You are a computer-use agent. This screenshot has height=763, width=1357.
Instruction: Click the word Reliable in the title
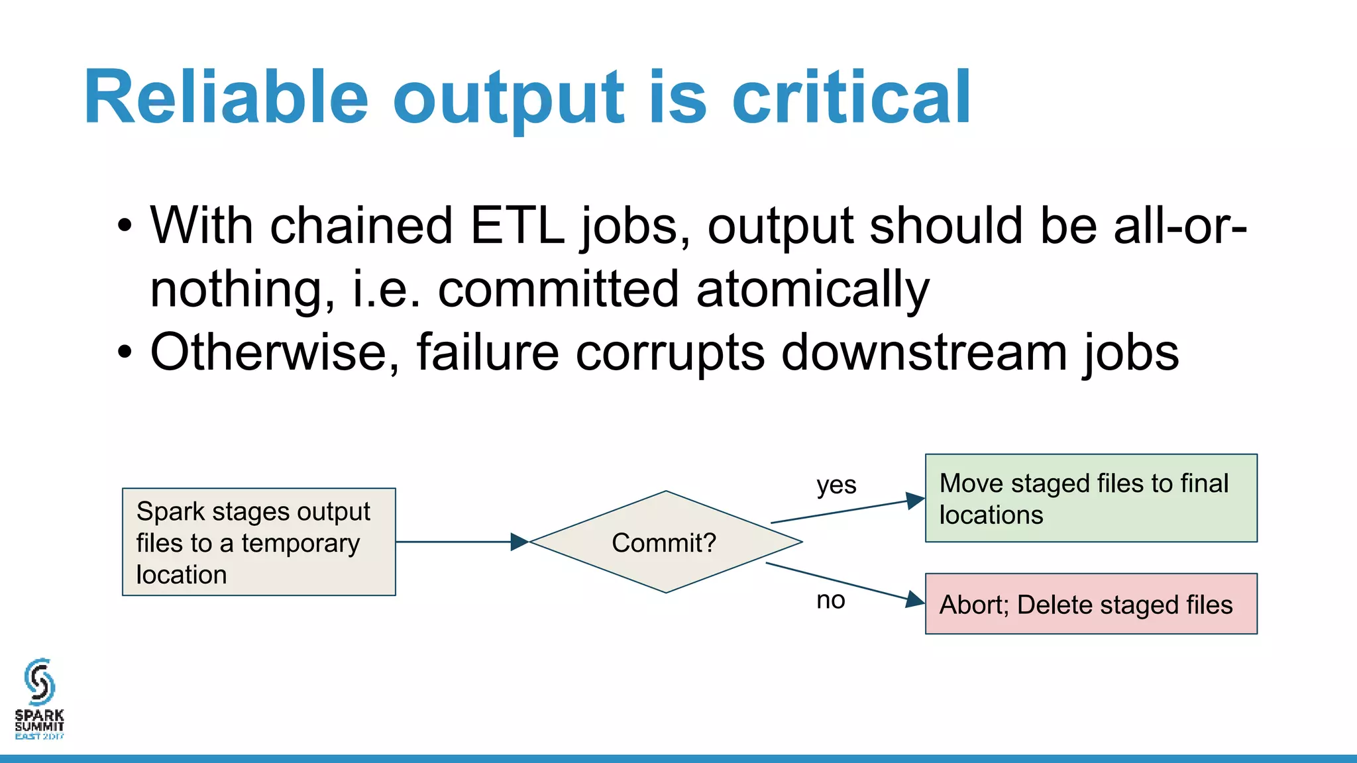[225, 98]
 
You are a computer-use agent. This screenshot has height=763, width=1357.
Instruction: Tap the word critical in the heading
[851, 98]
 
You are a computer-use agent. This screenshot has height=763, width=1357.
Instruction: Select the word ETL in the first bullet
[517, 227]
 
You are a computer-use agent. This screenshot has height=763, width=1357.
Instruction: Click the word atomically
[812, 289]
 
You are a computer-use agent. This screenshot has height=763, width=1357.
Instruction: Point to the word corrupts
[670, 352]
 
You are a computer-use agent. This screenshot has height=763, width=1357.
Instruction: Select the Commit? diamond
[665, 542]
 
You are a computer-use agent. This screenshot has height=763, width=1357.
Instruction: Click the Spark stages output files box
[258, 542]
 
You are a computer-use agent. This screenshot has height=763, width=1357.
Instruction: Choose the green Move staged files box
[1091, 498]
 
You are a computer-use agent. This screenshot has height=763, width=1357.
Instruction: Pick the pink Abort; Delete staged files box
[1091, 604]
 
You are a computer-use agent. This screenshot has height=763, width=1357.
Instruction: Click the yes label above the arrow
[836, 485]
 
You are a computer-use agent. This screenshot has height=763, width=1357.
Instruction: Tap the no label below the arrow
[830, 600]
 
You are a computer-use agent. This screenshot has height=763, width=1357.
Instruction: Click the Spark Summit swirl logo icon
[39, 682]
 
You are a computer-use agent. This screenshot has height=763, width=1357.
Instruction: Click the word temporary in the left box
[300, 544]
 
